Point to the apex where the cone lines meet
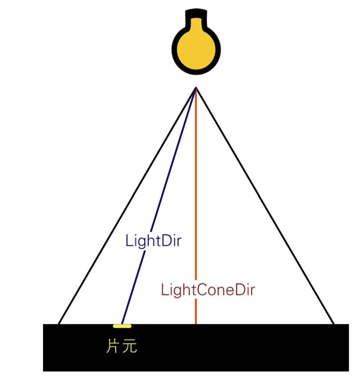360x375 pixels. (196, 88)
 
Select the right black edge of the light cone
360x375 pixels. (265, 205)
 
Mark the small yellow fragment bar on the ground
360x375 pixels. (122, 326)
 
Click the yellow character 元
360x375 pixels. (129, 346)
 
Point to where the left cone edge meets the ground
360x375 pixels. (59, 324)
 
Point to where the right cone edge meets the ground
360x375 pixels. (334, 324)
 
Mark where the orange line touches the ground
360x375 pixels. (196, 324)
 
